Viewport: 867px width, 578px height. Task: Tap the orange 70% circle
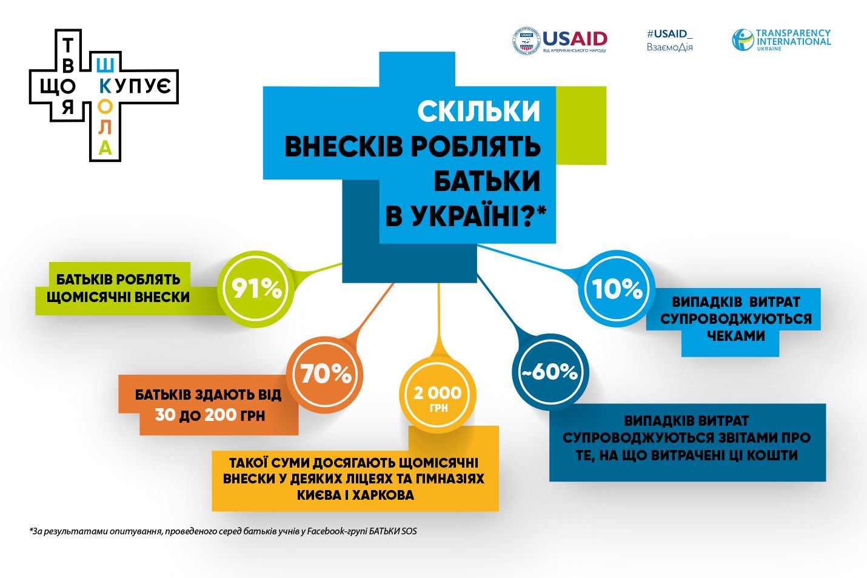[x=326, y=374]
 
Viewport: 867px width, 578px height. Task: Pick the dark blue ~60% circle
[x=550, y=372]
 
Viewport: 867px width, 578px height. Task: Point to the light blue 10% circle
[x=617, y=289]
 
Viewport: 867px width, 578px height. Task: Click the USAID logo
[x=559, y=41]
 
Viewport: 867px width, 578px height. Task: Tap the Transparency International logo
[x=781, y=40]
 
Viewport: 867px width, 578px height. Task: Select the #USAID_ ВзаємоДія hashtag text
[x=669, y=40]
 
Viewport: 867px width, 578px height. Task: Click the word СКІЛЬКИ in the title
[x=478, y=112]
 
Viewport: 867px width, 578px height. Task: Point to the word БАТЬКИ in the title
[x=487, y=180]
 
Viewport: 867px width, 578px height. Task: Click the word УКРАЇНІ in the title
[x=466, y=216]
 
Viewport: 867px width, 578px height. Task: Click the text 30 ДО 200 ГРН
[x=210, y=415]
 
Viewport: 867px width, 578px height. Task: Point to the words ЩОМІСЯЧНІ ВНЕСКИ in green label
[x=118, y=297]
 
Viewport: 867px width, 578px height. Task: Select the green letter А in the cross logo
[x=105, y=147]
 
